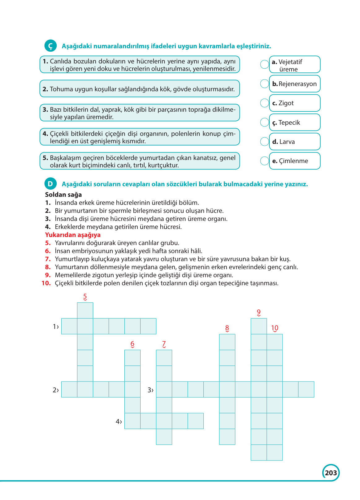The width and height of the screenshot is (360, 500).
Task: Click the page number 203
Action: click(x=331, y=473)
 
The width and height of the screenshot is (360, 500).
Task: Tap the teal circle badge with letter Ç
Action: click(x=50, y=46)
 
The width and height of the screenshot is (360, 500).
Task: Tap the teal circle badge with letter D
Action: click(x=50, y=184)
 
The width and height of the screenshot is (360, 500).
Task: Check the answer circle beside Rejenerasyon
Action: click(x=265, y=84)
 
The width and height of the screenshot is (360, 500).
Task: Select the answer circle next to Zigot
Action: click(x=265, y=103)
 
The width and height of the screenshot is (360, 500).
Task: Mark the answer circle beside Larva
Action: click(x=265, y=141)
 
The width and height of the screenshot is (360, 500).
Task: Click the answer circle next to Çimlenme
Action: click(x=265, y=161)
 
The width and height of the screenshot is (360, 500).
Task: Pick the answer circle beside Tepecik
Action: click(x=265, y=122)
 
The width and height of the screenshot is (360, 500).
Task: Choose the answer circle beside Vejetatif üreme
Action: click(x=265, y=64)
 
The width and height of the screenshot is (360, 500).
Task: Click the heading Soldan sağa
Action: click(x=63, y=195)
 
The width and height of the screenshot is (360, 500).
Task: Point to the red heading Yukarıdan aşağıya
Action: click(x=73, y=235)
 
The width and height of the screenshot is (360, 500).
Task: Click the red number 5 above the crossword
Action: click(x=85, y=297)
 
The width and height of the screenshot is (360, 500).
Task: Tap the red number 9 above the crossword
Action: click(x=259, y=312)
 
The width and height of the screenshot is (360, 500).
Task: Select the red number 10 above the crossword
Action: click(x=275, y=328)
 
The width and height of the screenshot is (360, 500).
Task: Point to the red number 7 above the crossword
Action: click(x=164, y=344)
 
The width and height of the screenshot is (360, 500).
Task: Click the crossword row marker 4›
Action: click(x=119, y=421)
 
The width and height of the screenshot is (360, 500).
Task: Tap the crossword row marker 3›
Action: click(x=150, y=390)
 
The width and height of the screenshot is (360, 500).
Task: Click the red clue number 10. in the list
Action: click(x=46, y=283)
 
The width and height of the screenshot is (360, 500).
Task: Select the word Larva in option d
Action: click(x=287, y=142)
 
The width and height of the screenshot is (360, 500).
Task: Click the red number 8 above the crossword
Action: click(x=227, y=328)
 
